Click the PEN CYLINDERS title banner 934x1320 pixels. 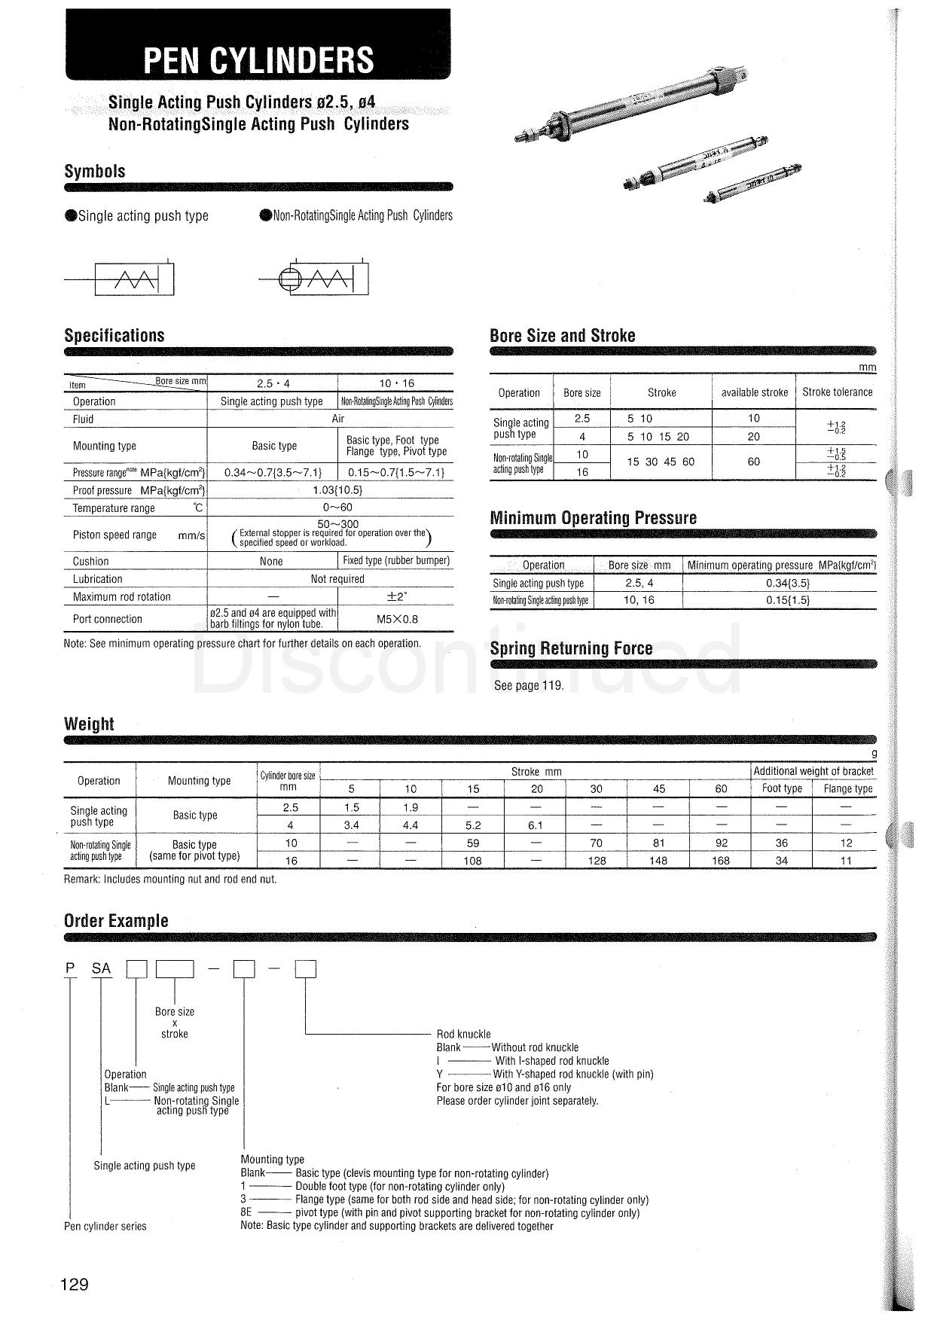click(258, 59)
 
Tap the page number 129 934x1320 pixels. click(75, 1285)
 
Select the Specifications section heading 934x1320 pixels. click(114, 336)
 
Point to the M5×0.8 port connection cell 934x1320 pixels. click(396, 619)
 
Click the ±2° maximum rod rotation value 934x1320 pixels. click(396, 596)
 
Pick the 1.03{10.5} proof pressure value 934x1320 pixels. click(337, 490)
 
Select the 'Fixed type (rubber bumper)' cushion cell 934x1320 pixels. click(396, 560)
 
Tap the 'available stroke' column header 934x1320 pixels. click(754, 392)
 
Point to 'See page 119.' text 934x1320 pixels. click(529, 686)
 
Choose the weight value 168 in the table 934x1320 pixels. click(721, 861)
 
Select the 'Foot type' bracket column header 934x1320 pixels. click(782, 788)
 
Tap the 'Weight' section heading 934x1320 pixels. click(89, 724)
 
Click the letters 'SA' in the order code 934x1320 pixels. click(101, 969)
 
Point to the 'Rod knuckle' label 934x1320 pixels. click(463, 1035)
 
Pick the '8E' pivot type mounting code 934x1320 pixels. click(246, 1213)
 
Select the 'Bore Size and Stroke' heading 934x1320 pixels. click(562, 336)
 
